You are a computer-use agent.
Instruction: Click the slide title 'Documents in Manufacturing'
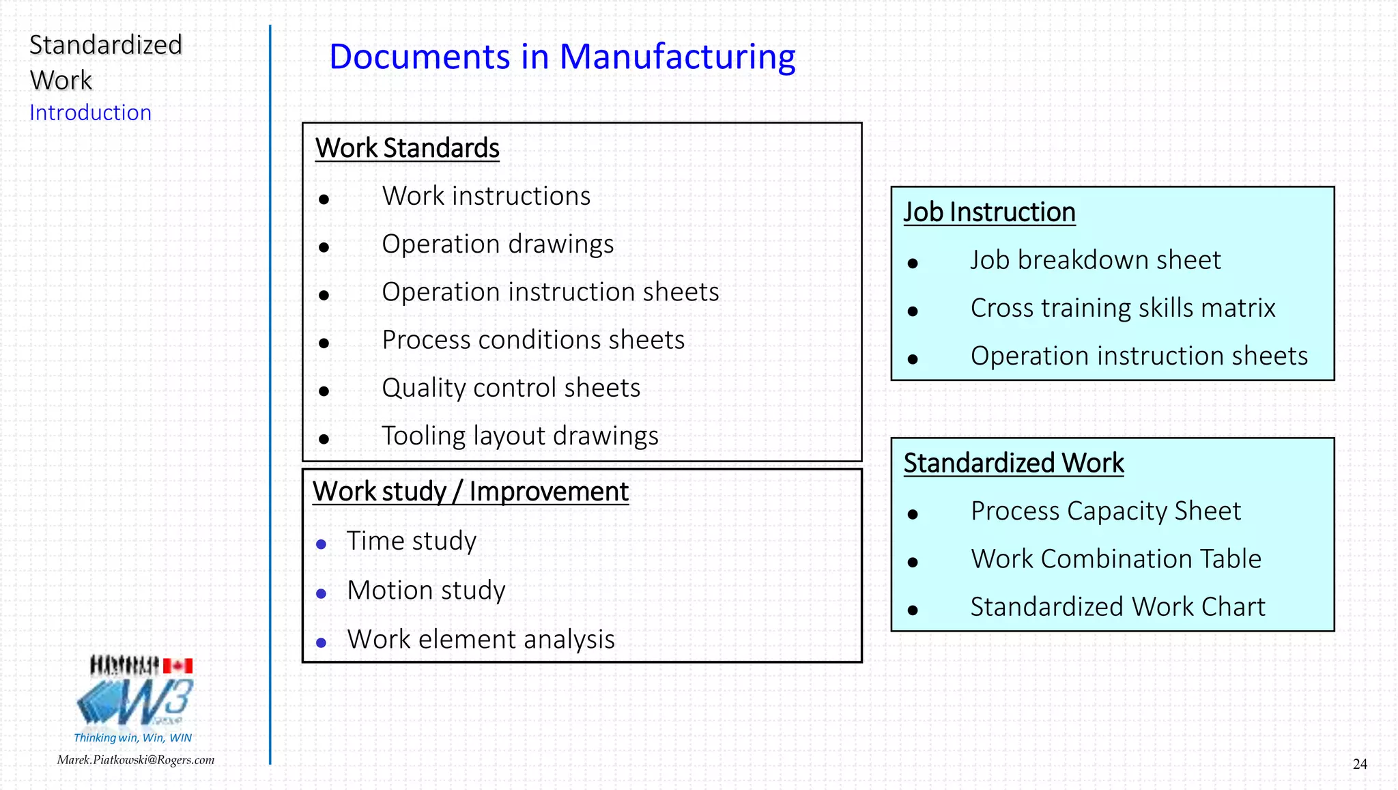coord(562,57)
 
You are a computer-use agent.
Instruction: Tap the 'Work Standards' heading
coord(408,148)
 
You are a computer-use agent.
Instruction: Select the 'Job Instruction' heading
coord(989,212)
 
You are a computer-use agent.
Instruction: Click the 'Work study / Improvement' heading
coord(470,492)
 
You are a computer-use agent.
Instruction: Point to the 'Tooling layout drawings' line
coord(519,436)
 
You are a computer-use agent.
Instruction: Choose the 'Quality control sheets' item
coord(511,388)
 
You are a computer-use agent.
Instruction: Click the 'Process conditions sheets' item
coord(533,340)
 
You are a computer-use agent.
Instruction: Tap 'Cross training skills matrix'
coord(1122,308)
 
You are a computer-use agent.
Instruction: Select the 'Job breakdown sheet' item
coord(1095,260)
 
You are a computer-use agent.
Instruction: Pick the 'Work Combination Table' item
coord(1115,559)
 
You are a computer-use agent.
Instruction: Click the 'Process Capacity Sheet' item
coord(1105,511)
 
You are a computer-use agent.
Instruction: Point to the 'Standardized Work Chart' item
coord(1117,607)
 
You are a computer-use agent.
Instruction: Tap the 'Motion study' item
coord(426,591)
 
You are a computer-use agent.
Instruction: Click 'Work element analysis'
coord(481,640)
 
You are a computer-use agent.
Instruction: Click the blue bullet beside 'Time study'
coord(321,545)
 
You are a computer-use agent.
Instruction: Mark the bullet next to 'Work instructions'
coord(324,199)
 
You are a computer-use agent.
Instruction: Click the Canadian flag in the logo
coord(178,666)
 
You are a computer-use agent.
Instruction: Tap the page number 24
coord(1359,764)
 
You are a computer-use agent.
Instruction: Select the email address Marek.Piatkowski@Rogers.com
coord(136,760)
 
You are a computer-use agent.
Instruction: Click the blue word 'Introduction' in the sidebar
coord(90,113)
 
